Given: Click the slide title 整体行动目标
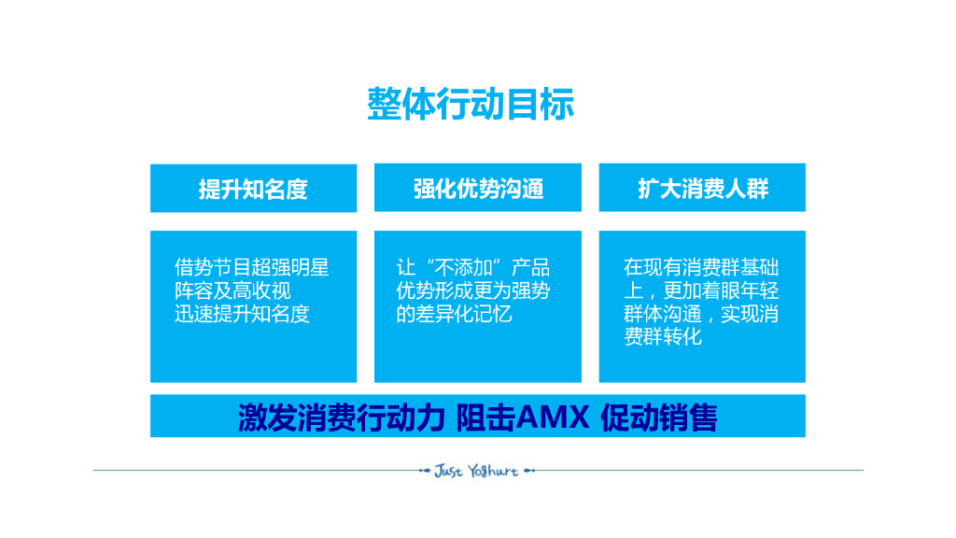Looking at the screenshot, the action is [471, 104].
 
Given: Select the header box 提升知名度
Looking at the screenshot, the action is [253, 189].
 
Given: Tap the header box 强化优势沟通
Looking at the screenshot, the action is [478, 189].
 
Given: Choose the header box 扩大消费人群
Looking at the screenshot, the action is [702, 189].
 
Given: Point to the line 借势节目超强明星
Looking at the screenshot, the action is [252, 268].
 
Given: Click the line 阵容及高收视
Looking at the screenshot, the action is [232, 291].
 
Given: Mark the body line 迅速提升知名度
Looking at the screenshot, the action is [242, 315].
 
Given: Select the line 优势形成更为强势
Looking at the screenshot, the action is [473, 291].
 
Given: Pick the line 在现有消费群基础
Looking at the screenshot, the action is [701, 268].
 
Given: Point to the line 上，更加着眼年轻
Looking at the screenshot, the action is [701, 291].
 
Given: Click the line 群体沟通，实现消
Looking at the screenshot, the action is [701, 315].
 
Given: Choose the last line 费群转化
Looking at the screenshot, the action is [663, 337].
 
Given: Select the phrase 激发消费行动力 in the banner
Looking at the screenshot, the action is [340, 418].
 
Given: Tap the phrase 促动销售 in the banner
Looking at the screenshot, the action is [659, 418].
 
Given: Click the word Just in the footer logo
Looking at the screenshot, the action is [448, 471].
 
